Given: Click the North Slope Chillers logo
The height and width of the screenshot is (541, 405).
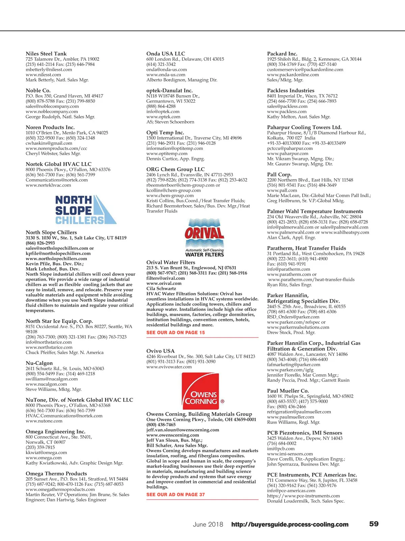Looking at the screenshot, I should pyautogui.click(x=86, y=210).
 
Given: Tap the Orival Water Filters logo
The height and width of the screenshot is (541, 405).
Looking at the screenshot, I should pyautogui.click(x=204, y=238).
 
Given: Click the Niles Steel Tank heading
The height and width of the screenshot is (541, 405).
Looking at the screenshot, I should pyautogui.click(x=46, y=54).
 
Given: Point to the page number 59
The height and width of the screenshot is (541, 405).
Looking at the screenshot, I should pyautogui.click(x=374, y=524).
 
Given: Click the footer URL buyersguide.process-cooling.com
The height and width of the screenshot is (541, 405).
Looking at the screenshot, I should pyautogui.click(x=290, y=524).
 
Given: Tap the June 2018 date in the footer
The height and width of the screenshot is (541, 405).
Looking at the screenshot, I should pyautogui.click(x=208, y=524).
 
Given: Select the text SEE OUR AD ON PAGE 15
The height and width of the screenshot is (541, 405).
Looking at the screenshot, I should pyautogui.click(x=175, y=332).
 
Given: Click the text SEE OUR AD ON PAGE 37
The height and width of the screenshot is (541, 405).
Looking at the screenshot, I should pyautogui.click(x=175, y=494).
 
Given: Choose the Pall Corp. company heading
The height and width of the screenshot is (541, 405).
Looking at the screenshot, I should pyautogui.click(x=279, y=174).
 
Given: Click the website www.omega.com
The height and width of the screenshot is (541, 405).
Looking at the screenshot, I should pyautogui.click(x=44, y=458).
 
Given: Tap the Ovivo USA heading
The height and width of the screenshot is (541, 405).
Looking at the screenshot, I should pyautogui.click(x=160, y=351).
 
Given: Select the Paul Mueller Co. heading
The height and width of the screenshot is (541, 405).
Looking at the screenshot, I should pyautogui.click(x=288, y=391).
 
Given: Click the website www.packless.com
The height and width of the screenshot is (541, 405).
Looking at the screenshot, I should pyautogui.click(x=287, y=111).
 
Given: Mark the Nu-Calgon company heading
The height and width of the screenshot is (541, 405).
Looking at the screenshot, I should pyautogui.click(x=39, y=363).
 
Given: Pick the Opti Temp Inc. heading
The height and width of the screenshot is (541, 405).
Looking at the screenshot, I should pyautogui.click(x=165, y=133).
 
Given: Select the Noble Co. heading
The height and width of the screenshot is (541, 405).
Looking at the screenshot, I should pyautogui.click(x=38, y=90).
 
